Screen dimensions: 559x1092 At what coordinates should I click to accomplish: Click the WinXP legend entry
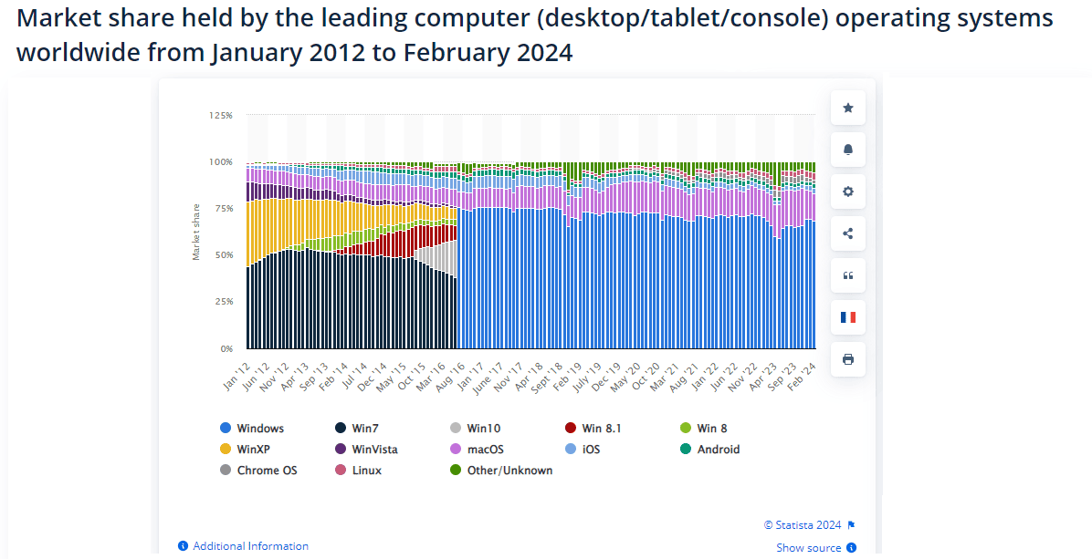tap(252, 450)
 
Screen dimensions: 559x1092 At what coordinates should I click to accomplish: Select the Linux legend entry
tap(366, 471)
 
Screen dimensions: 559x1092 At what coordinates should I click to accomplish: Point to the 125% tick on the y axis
tap(220, 116)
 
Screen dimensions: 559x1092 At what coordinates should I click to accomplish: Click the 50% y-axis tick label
tap(223, 255)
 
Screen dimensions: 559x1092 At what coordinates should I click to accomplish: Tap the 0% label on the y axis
tap(226, 348)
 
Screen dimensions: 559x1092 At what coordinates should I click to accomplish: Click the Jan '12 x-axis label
tap(237, 375)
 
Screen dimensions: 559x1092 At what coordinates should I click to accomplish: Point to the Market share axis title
tap(196, 232)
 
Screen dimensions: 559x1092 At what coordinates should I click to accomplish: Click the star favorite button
tap(847, 108)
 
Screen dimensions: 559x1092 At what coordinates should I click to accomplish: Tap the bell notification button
tap(847, 150)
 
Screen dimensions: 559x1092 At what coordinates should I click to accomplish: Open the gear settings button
tap(847, 192)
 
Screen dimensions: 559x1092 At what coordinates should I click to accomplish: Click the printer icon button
tap(847, 359)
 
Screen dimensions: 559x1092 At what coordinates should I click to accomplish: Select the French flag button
tap(847, 317)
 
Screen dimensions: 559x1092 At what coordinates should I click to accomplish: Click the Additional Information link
tap(249, 546)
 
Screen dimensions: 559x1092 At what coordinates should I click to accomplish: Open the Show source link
tap(809, 548)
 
